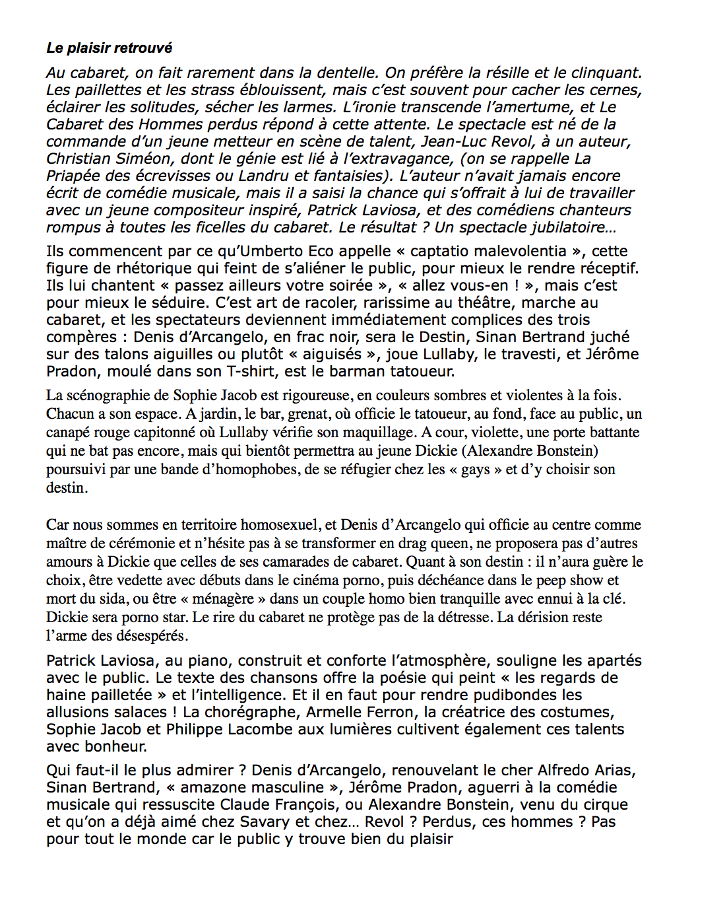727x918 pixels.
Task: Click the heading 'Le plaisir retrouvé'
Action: pyautogui.click(x=109, y=48)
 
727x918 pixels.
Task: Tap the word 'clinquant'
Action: pyautogui.click(x=606, y=73)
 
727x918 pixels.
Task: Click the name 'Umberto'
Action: pyautogui.click(x=257, y=252)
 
